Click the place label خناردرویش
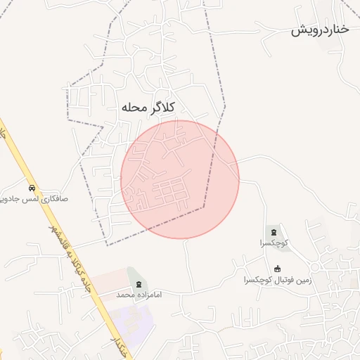click(x=320, y=30)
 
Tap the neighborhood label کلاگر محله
click(x=147, y=107)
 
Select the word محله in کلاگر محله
click(x=133, y=108)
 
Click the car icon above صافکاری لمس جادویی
click(x=32, y=188)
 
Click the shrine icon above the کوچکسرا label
click(x=272, y=231)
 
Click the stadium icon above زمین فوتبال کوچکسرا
click(x=277, y=268)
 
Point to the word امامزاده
click(x=148, y=294)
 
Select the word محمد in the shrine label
click(x=125, y=294)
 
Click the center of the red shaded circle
click(x=180, y=179)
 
